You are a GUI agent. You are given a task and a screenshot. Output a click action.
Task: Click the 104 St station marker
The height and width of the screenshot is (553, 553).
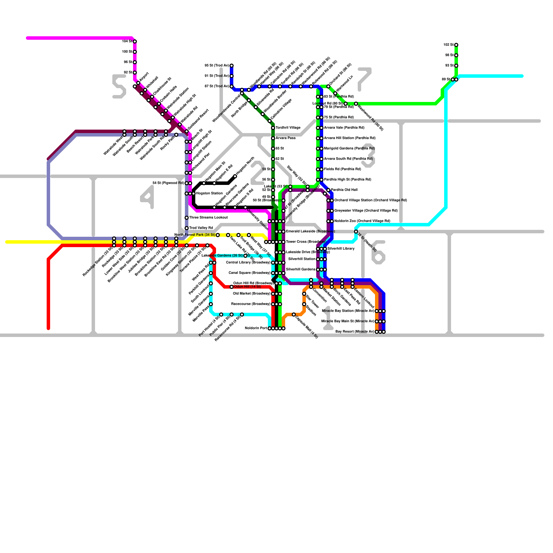(x=135, y=41)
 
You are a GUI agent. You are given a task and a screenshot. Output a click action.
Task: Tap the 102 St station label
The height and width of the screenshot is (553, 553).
(x=448, y=45)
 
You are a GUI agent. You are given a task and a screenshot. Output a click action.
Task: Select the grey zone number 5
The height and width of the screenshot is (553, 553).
(x=119, y=86)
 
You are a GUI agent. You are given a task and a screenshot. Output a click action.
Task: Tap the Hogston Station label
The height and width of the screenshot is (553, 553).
(x=209, y=194)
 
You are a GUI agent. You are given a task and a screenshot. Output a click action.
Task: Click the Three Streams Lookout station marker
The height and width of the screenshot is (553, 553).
(x=187, y=218)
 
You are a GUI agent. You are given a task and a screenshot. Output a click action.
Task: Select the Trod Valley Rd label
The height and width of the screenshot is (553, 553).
(x=201, y=228)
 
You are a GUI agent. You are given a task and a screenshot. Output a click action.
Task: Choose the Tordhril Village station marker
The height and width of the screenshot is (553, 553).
(x=273, y=128)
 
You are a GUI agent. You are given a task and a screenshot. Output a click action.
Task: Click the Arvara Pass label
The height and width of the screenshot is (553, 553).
(x=285, y=138)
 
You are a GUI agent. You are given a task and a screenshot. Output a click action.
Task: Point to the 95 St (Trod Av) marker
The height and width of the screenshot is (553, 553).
(x=232, y=66)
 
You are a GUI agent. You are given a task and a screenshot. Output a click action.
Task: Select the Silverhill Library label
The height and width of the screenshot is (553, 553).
(x=341, y=249)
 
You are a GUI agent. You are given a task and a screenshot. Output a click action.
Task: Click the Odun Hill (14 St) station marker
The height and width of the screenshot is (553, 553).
(x=232, y=287)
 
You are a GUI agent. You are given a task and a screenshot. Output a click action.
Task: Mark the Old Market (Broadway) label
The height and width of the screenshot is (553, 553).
(x=252, y=294)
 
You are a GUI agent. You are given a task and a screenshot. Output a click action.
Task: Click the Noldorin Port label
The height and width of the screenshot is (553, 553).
(x=256, y=328)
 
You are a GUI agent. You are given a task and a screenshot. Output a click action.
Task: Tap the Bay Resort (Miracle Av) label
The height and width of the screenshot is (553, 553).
(x=355, y=332)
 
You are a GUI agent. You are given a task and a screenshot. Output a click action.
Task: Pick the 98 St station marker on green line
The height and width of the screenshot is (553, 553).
(x=456, y=55)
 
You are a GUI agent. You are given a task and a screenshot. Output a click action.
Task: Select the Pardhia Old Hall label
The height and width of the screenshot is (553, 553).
(x=344, y=190)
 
